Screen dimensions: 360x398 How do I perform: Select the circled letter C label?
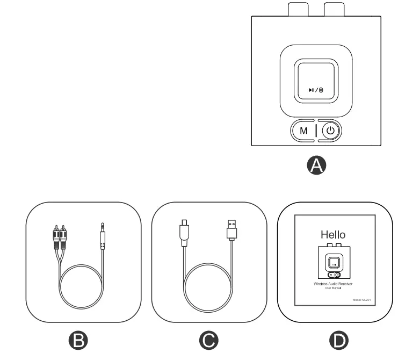[x=209, y=339]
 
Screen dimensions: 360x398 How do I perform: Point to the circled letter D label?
[x=339, y=339]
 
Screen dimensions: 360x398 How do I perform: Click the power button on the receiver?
[x=330, y=130]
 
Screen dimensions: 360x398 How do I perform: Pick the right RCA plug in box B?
[x=63, y=237]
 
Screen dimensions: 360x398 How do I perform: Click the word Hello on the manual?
[x=333, y=234]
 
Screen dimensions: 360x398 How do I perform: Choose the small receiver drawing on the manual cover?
[x=333, y=261]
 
